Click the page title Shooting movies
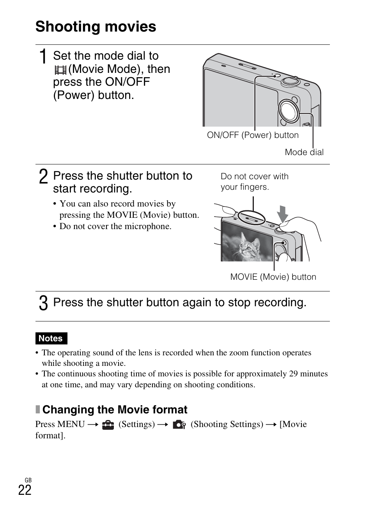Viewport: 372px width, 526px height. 96,27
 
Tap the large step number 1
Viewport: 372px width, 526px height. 44,57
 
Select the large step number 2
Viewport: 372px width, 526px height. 44,177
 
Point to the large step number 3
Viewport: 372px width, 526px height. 44,303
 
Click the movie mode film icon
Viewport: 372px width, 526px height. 60,70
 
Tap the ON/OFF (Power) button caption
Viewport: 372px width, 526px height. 253,135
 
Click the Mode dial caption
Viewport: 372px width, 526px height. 304,152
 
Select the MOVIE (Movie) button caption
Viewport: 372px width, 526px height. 273,277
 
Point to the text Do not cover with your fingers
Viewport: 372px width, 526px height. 254,182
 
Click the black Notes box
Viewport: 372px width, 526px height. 51,339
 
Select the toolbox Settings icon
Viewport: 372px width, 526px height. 108,425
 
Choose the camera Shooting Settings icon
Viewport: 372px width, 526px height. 179,425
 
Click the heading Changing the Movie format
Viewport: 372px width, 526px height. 115,410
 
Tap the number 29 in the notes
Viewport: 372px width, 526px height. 293,374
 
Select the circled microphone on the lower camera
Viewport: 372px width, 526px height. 251,218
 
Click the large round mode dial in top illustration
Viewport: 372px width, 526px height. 289,110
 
